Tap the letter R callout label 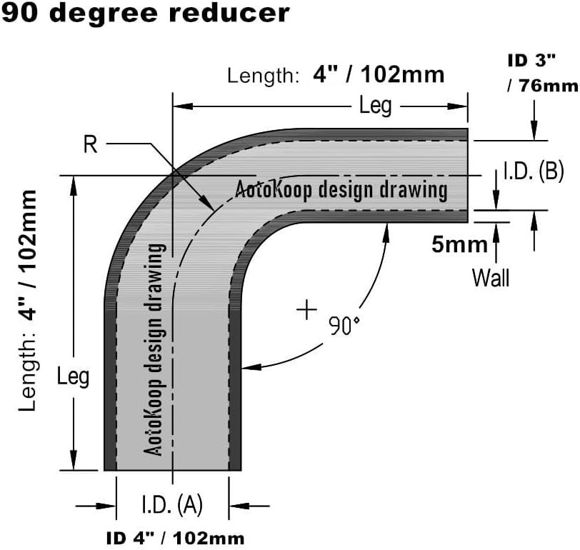[x=91, y=145]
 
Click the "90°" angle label [x=344, y=326]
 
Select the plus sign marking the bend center [x=306, y=309]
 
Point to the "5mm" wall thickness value [x=459, y=245]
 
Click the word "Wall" [x=491, y=277]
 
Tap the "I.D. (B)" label [x=534, y=171]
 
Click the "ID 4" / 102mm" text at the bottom [x=175, y=538]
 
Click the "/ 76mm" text [x=543, y=86]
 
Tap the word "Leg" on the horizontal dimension [x=376, y=106]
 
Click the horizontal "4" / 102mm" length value [x=379, y=74]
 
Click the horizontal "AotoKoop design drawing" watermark [x=341, y=189]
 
